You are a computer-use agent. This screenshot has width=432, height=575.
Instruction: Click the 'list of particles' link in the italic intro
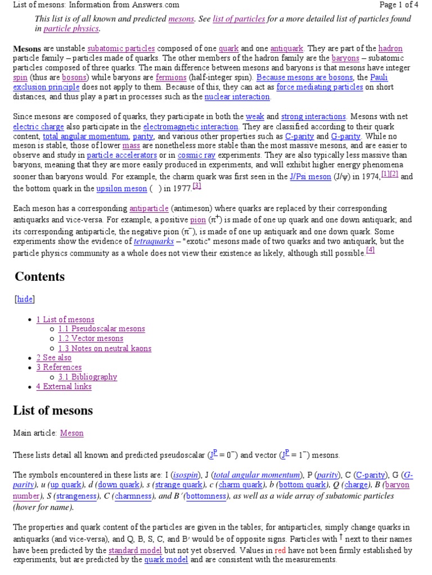[x=239, y=19]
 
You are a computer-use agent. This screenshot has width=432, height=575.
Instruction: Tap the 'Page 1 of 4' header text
[x=398, y=4]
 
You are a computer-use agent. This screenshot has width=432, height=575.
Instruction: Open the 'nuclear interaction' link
[x=237, y=97]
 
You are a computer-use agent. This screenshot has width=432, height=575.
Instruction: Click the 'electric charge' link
[x=34, y=127]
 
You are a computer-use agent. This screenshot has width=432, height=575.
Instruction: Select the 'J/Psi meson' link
[x=310, y=177]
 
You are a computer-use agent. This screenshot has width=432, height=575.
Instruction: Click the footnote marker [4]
[x=370, y=250]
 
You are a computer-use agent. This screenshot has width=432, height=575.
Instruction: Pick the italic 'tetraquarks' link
[x=153, y=241]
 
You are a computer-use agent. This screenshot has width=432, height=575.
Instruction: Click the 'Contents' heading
[x=39, y=277]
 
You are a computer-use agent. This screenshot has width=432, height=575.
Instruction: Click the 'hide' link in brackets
[x=25, y=299]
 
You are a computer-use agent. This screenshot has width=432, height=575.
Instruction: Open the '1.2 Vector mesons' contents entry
[x=91, y=339]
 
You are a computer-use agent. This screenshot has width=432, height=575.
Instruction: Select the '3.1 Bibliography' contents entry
[x=88, y=377]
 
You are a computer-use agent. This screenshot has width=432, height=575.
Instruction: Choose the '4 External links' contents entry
[x=64, y=386]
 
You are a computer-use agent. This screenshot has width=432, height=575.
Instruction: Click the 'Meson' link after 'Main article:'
[x=71, y=433]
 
